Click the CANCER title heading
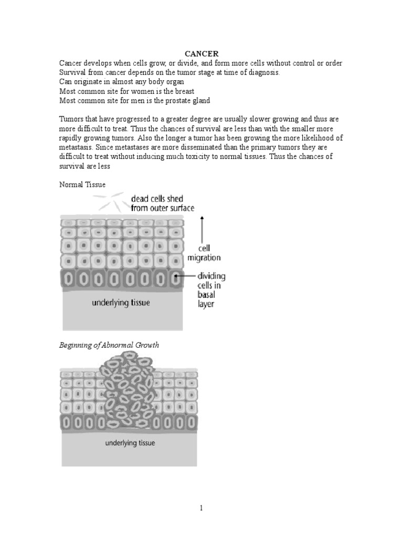(201, 53)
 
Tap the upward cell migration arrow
(203, 231)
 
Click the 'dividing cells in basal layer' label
(211, 289)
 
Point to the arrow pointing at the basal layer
(184, 276)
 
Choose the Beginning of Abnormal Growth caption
(109, 345)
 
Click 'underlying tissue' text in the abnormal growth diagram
(130, 443)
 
